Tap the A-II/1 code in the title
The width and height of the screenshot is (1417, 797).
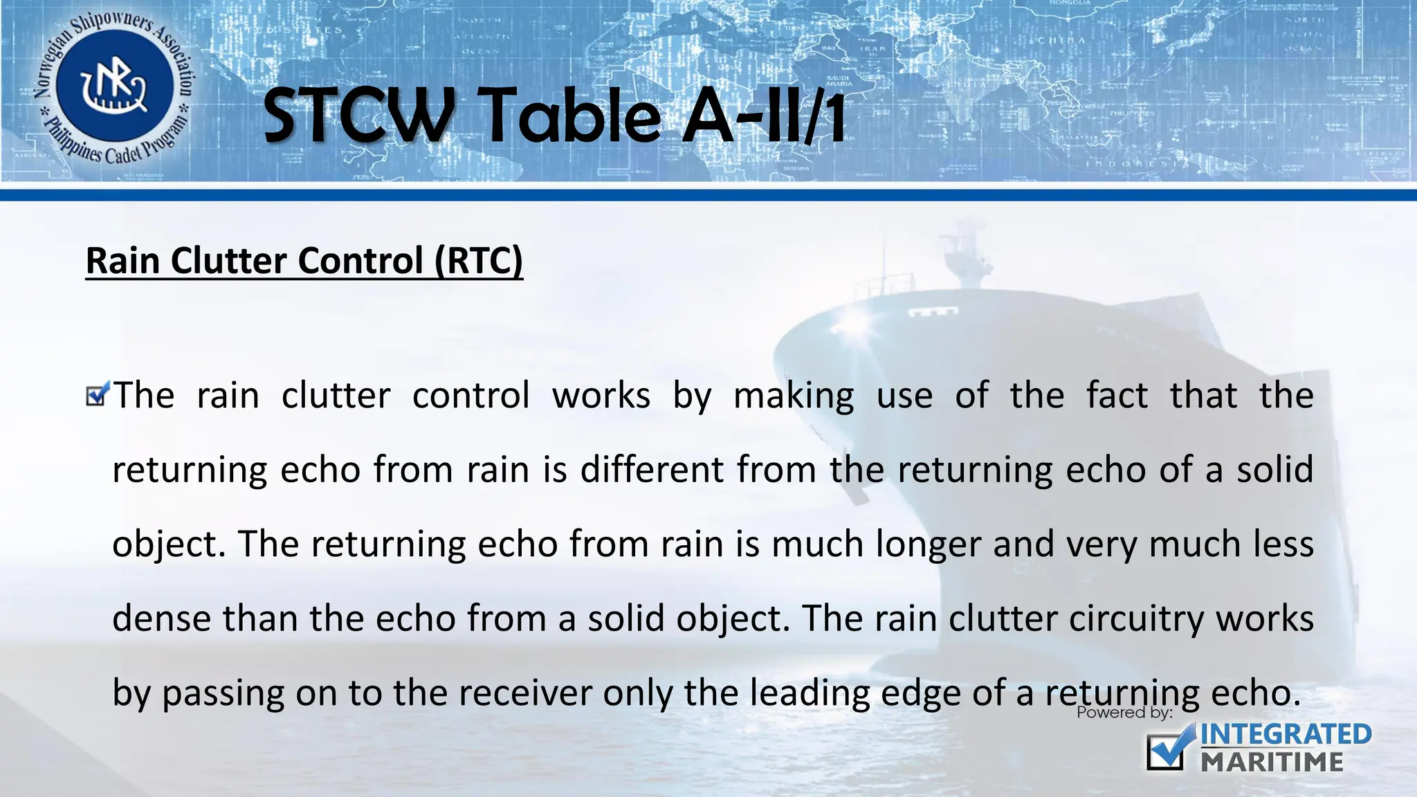[x=764, y=116]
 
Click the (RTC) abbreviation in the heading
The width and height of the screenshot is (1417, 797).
[x=479, y=261]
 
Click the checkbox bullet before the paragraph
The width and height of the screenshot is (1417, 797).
[x=98, y=395]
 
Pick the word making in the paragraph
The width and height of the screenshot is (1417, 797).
[x=794, y=396]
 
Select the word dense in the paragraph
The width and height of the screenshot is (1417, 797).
[x=162, y=618]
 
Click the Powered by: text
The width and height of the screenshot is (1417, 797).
[x=1124, y=713]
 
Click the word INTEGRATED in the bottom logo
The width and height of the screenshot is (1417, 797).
[x=1286, y=735]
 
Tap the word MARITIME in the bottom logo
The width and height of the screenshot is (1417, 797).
[x=1272, y=762]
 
